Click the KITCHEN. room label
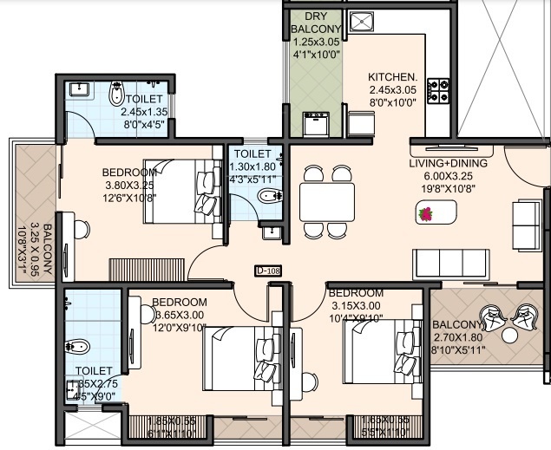point(392,76)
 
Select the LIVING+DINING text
point(449,162)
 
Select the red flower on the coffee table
point(426,212)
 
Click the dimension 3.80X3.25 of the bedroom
point(128,186)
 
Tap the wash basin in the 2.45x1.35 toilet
point(79,89)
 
